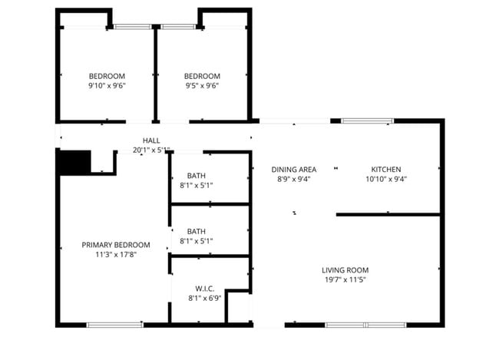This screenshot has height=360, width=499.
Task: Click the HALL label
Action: (x=151, y=140)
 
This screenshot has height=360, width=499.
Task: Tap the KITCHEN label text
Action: (x=386, y=170)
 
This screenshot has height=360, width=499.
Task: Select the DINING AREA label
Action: (x=294, y=170)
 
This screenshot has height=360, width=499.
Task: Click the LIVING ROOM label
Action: (x=345, y=270)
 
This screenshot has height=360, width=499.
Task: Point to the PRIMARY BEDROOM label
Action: (x=116, y=245)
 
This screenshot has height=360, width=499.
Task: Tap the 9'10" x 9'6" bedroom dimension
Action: (x=107, y=86)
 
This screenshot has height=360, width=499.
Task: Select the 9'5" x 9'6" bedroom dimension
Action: (x=202, y=86)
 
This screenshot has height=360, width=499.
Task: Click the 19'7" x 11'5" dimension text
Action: (x=345, y=279)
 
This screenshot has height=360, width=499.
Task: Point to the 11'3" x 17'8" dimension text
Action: (x=116, y=255)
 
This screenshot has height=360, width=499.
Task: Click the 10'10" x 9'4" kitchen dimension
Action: (x=386, y=180)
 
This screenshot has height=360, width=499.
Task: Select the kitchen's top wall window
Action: (x=367, y=121)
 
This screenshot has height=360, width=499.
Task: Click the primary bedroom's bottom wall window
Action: (x=114, y=325)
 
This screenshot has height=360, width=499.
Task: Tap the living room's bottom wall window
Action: (x=365, y=325)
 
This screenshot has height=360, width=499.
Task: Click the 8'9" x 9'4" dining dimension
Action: (x=294, y=180)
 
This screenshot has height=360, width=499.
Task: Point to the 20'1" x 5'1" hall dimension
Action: (x=151, y=150)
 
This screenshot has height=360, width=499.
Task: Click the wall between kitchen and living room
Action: (x=388, y=215)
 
